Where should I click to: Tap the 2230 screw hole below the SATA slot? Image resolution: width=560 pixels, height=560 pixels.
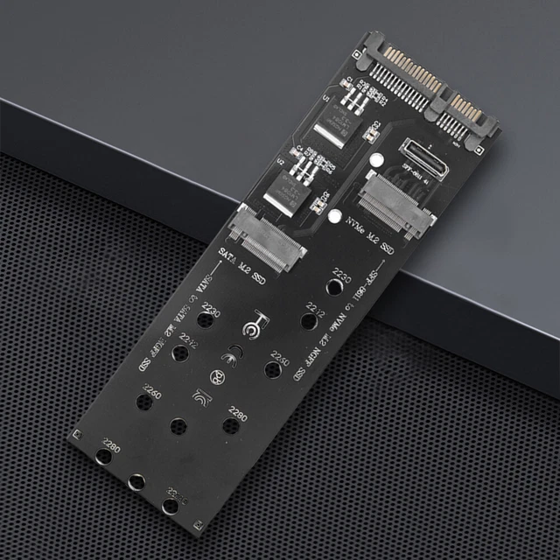point(206,320)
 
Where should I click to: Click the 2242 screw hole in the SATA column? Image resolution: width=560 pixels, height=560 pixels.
point(181,353)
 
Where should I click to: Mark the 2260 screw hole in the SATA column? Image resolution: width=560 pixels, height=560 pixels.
point(143,402)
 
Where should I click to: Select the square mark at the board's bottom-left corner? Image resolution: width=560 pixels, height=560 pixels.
point(78,434)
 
